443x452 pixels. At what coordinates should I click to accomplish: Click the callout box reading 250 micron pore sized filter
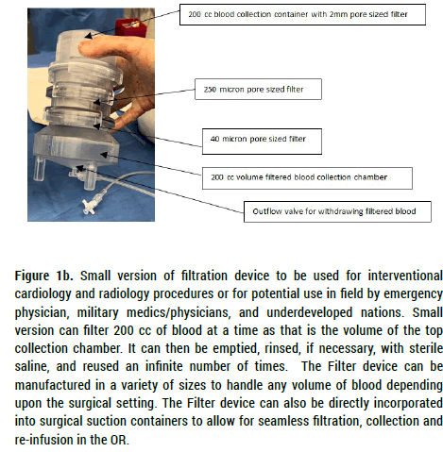[x=258, y=90]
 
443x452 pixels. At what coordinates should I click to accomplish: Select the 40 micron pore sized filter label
[x=262, y=142]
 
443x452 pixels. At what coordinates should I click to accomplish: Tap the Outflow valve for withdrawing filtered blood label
[x=337, y=211]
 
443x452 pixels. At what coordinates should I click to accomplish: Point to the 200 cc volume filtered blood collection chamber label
[x=307, y=178]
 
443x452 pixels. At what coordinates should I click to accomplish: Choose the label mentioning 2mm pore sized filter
[x=302, y=14]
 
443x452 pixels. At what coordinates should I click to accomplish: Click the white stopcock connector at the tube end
[x=89, y=206]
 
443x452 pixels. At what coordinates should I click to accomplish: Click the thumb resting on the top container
[x=94, y=48]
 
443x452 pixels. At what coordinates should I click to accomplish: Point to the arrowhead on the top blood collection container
[x=89, y=36]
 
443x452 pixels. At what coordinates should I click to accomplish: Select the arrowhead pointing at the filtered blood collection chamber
[x=104, y=154]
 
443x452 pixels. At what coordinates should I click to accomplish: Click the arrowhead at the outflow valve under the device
[x=80, y=168]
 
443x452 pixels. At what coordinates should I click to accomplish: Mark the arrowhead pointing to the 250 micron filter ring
[x=97, y=102]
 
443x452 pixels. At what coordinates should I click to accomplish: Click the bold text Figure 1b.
[x=44, y=276]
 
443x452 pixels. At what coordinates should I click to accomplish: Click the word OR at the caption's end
[x=119, y=440]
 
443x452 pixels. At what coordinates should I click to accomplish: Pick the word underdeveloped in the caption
[x=309, y=312]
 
